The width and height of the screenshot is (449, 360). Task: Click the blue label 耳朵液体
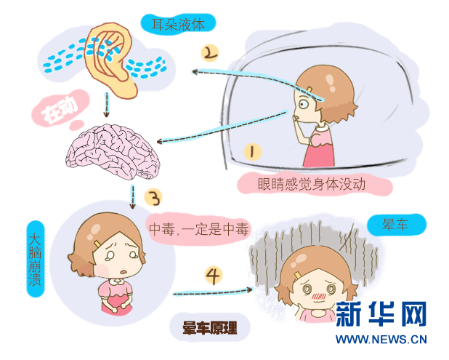178,24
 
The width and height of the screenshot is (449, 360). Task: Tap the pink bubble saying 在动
60,110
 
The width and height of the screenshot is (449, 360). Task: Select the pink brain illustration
113,151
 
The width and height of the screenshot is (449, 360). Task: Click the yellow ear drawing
110,60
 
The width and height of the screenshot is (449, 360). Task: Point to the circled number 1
252,151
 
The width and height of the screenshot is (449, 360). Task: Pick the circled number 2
210,53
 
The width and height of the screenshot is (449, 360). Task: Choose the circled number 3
153,198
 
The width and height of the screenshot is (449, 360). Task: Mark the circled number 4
214,276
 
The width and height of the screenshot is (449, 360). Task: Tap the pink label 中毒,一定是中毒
198,229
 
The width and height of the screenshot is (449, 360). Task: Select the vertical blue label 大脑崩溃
35,259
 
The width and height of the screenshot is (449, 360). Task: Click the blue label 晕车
397,225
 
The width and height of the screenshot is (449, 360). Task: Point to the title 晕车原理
210,328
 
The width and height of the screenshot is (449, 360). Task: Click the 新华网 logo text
381,313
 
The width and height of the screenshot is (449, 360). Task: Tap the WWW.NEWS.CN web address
381,340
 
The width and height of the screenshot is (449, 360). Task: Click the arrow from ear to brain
106,105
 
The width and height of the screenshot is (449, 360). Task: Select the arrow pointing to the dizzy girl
213,292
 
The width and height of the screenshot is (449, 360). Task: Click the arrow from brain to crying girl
132,196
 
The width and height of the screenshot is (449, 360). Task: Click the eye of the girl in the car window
304,103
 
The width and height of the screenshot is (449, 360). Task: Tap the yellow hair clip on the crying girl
97,244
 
